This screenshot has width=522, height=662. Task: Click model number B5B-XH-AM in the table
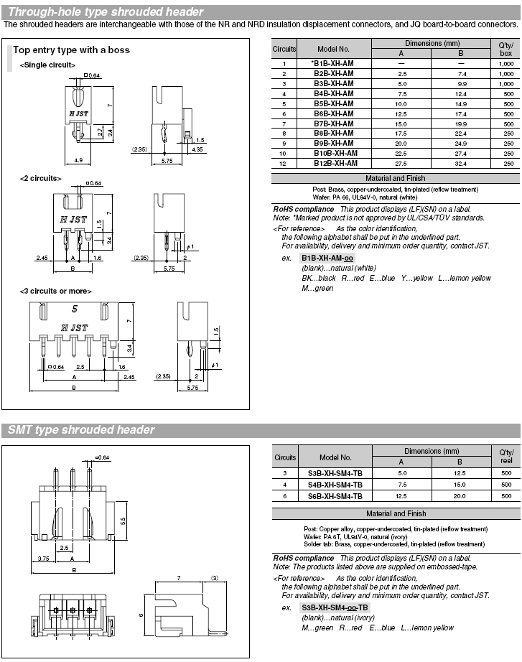[334, 104]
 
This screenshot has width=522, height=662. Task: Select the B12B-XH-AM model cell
[335, 164]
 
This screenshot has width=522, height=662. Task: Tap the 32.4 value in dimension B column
[460, 164]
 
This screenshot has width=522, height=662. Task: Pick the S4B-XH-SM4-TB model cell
[335, 485]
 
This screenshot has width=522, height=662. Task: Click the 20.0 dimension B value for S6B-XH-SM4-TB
[460, 496]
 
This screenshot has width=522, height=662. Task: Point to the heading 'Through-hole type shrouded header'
[106, 11]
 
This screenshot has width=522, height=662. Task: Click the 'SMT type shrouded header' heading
[81, 430]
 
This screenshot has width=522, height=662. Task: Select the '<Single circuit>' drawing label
[47, 65]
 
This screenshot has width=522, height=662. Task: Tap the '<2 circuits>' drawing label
[40, 179]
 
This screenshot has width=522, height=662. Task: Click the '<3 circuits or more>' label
[56, 292]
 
